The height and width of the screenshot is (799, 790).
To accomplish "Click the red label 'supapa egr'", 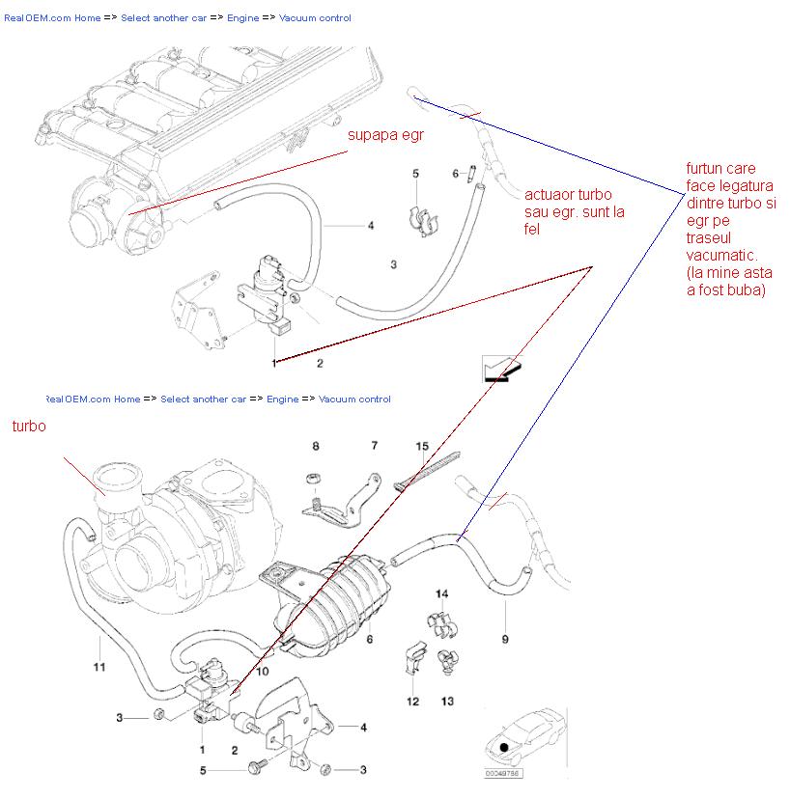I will (385, 135).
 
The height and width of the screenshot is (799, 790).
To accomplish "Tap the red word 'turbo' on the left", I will (29, 426).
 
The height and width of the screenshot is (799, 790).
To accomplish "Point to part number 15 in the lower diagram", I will (421, 447).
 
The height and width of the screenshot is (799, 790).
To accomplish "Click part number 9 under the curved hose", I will (504, 639).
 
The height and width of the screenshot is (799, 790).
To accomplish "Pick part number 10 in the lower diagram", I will (262, 671).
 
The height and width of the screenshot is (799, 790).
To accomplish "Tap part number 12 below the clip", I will (412, 701).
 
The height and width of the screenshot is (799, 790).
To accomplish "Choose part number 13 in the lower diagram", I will (447, 701).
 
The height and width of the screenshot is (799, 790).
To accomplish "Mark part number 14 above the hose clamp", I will (441, 593).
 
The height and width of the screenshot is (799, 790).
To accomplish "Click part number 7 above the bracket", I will (375, 446).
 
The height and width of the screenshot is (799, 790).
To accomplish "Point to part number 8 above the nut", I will (314, 446).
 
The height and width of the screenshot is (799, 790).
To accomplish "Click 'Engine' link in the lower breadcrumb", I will (282, 399).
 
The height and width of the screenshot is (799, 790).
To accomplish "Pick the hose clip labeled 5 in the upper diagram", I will (421, 217).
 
